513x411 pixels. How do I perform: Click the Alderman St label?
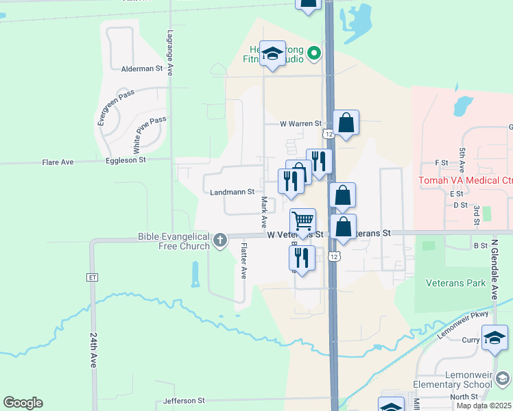[x=141, y=69]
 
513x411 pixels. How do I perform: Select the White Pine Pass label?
[x=150, y=134]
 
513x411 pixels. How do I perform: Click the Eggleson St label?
[x=126, y=160]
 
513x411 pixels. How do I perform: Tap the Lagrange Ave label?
[x=170, y=47]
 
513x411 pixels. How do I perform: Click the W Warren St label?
[x=300, y=124]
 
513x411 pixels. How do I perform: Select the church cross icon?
[x=219, y=240]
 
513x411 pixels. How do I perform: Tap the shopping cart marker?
[x=302, y=221]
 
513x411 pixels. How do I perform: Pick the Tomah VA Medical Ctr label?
[x=466, y=180]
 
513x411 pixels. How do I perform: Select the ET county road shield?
[x=93, y=277]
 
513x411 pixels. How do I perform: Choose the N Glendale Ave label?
[x=494, y=269]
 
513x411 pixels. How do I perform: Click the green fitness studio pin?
[x=314, y=52]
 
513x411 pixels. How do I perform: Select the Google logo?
[x=23, y=403]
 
